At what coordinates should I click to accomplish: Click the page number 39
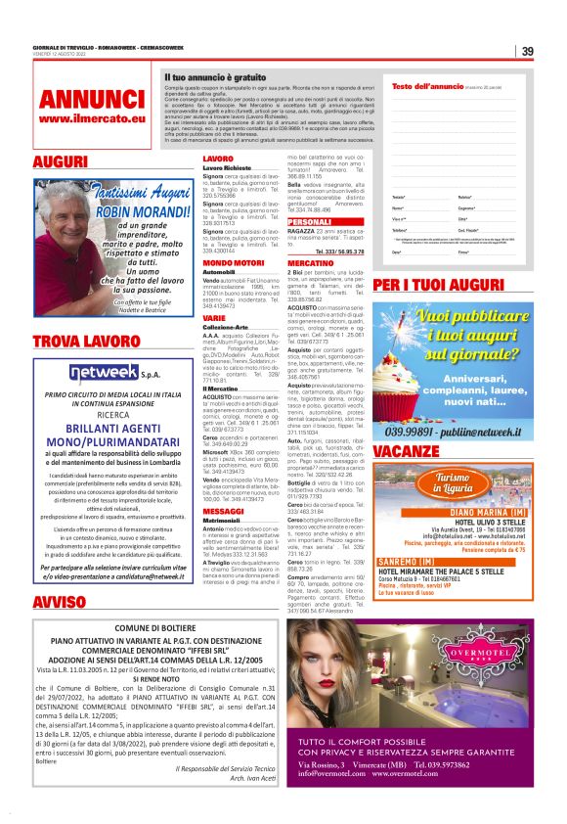click(527, 52)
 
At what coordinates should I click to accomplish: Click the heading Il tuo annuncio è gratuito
click(215, 75)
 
